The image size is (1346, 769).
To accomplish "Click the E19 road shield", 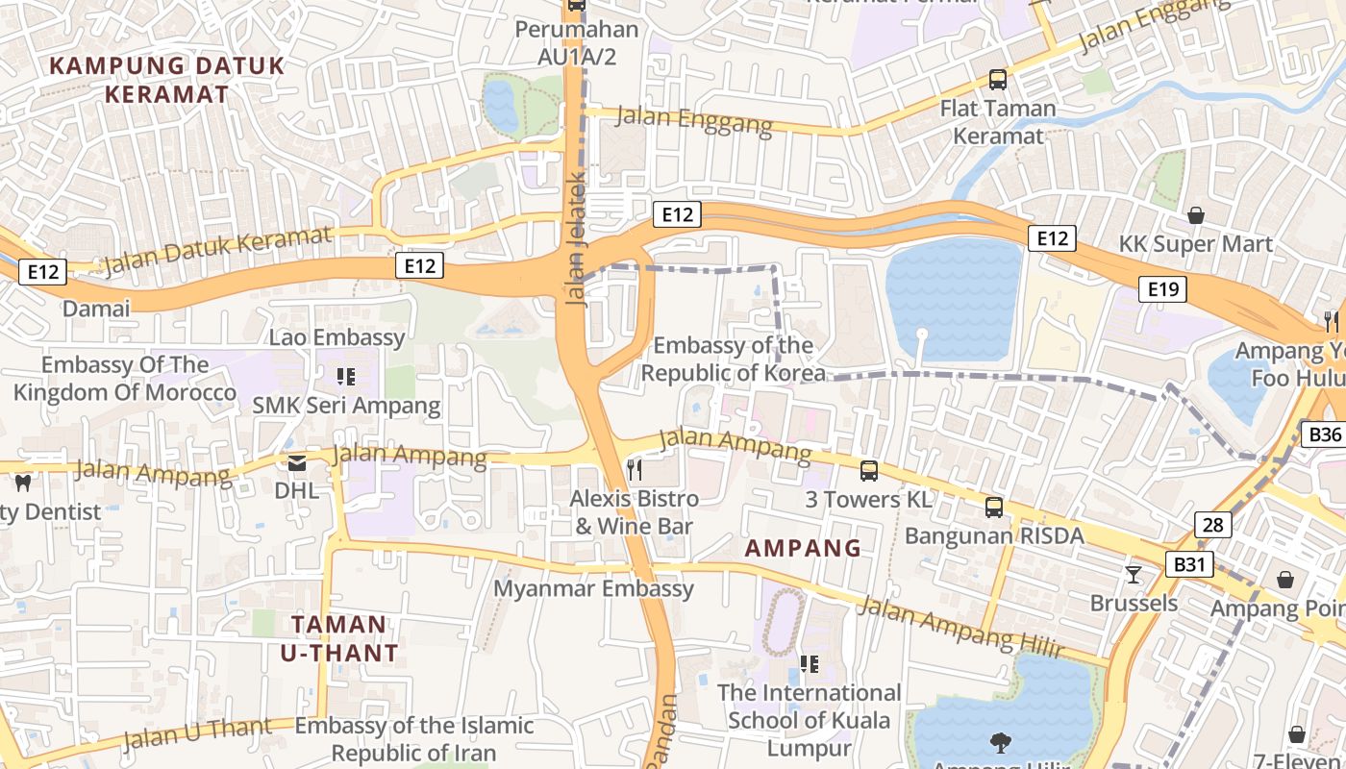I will click(1162, 289).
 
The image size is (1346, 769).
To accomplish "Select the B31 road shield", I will click(1189, 564).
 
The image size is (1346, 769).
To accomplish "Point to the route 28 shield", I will click(1213, 525).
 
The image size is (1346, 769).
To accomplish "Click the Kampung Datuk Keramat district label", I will click(167, 80).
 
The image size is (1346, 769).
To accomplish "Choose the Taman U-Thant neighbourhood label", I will click(338, 638).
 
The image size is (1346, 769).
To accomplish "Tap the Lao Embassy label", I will click(336, 337).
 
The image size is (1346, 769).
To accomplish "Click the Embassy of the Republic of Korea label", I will click(733, 359).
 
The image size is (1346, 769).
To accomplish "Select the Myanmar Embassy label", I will click(593, 588).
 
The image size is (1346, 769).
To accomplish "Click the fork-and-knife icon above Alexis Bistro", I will click(634, 469).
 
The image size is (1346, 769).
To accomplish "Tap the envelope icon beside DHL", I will click(297, 463).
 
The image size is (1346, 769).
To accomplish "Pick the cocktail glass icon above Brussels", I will click(1134, 575).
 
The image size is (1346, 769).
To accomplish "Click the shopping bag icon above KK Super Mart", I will click(1196, 215).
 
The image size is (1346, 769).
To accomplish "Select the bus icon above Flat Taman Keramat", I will click(998, 80).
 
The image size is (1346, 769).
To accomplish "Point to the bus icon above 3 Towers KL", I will click(869, 471).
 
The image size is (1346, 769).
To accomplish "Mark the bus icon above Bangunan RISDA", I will click(994, 507).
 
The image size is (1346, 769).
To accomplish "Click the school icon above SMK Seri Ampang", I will click(346, 377).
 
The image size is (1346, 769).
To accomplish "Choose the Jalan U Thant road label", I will click(197, 733).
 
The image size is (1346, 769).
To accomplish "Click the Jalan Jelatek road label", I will click(577, 238).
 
